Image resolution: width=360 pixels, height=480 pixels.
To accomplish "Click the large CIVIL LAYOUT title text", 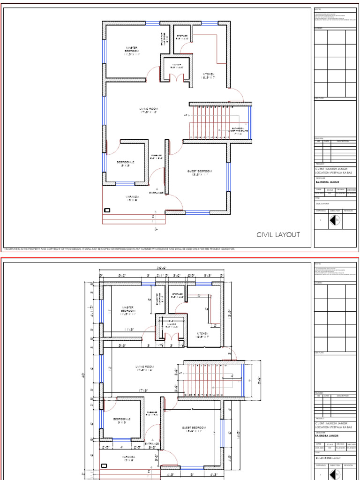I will click(277, 235).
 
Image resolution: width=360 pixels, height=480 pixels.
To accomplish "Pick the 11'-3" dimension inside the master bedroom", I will click(130, 330).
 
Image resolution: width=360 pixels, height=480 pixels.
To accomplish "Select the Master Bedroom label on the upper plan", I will click(132, 50).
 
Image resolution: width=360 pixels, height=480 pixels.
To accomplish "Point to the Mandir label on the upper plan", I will click(176, 66).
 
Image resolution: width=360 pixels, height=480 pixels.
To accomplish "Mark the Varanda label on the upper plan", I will click(131, 198).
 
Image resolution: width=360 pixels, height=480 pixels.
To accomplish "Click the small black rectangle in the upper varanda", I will click(107, 210).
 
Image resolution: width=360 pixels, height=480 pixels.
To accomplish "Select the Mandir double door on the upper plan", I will click(176, 78).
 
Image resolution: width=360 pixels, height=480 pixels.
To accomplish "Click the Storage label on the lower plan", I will click(176, 295).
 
